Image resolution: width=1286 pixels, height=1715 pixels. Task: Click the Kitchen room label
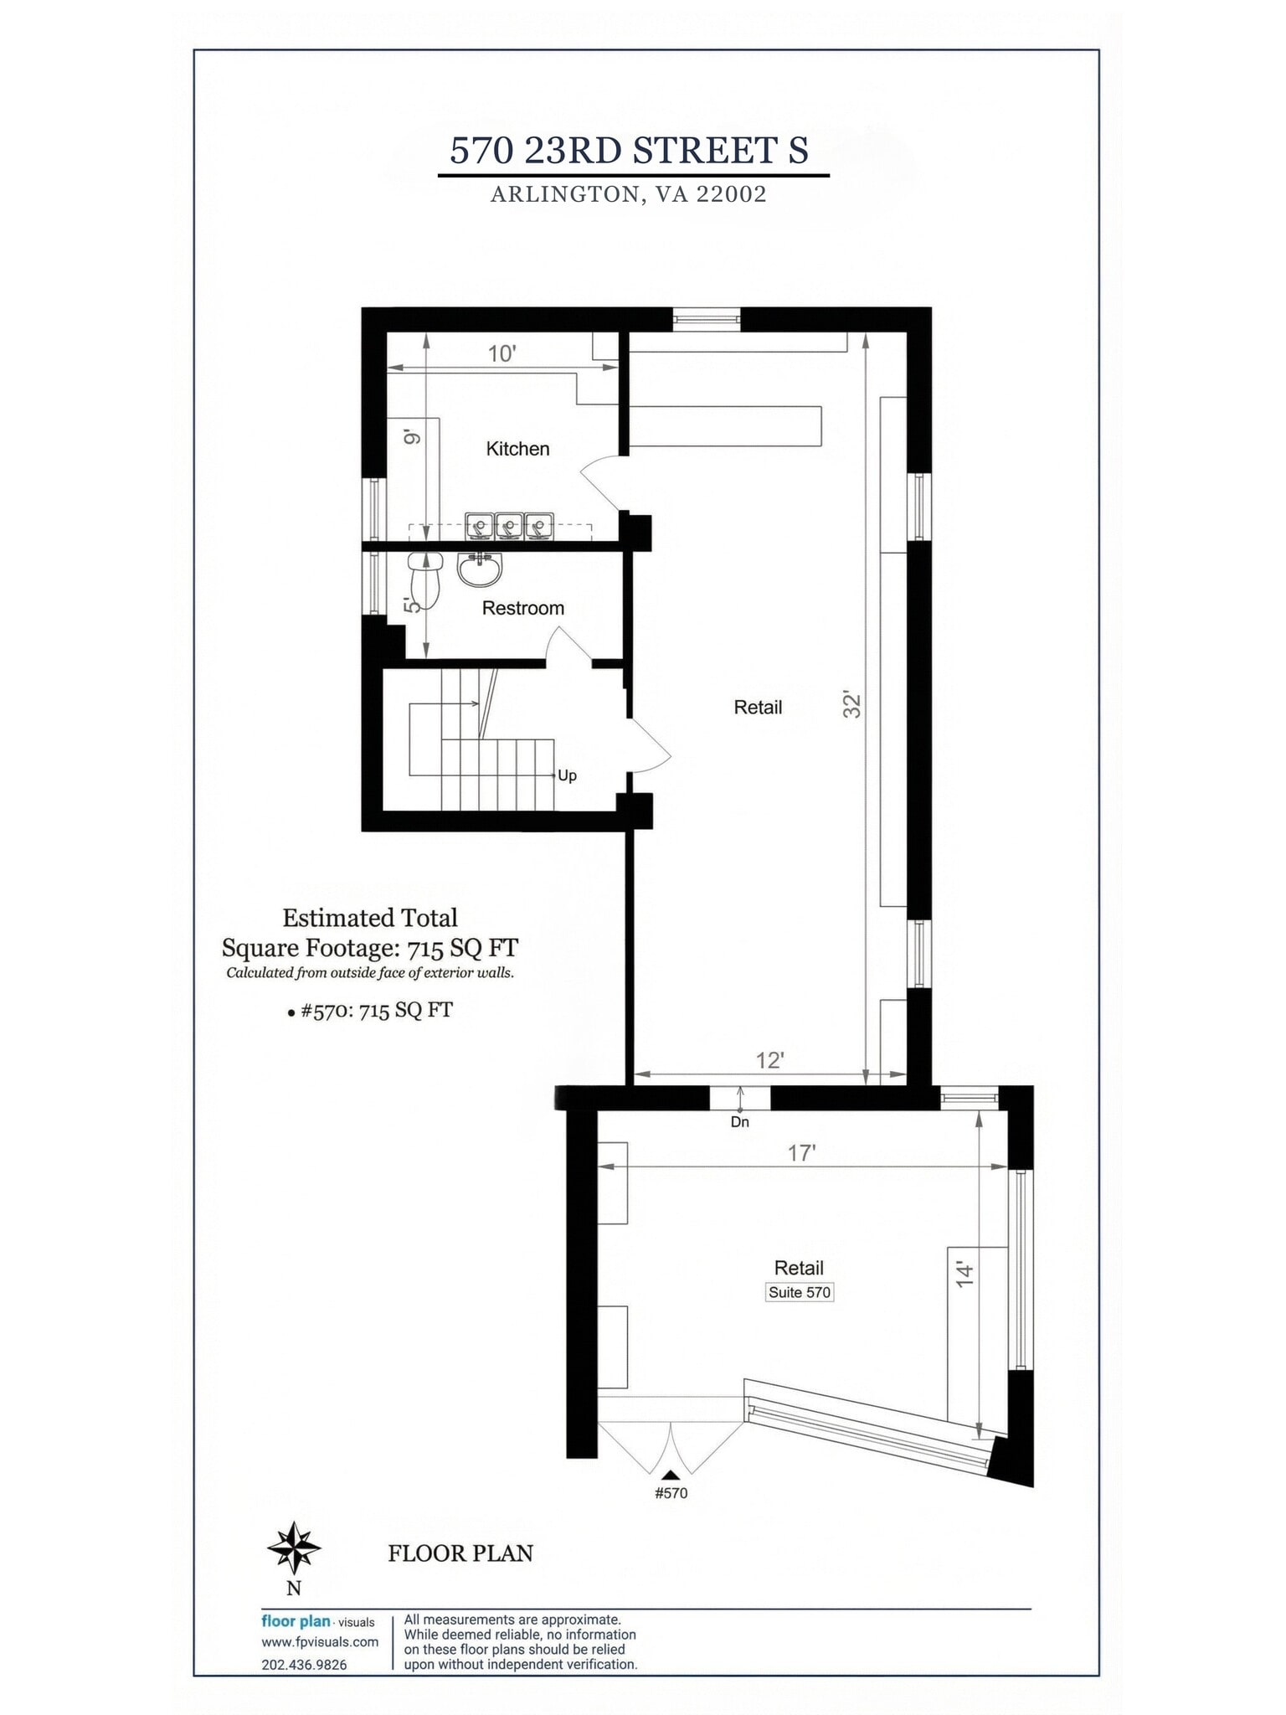click(517, 449)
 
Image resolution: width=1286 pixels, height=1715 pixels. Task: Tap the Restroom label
click(522, 608)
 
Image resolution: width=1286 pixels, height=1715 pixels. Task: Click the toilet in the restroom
click(426, 579)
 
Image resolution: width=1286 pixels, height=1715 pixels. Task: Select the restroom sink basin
click(480, 569)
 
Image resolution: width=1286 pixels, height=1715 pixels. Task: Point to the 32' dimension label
click(852, 704)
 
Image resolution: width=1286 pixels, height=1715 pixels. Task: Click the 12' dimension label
click(769, 1060)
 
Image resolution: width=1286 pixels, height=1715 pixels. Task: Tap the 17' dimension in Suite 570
click(801, 1153)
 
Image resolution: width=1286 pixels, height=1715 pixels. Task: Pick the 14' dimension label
click(965, 1274)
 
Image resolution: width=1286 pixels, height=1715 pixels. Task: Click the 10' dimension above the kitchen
click(502, 353)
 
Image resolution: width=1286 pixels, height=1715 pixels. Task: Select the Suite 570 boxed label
click(800, 1292)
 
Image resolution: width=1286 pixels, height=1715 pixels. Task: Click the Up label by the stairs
click(567, 775)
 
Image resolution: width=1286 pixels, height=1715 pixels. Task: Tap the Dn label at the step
click(740, 1122)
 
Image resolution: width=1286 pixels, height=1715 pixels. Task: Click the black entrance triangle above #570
click(671, 1475)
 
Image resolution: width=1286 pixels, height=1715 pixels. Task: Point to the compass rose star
click(294, 1548)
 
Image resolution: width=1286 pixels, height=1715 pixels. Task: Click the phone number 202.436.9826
click(304, 1665)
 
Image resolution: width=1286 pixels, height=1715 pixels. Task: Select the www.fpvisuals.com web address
click(320, 1642)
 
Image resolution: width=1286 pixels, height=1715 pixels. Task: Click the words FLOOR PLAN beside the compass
click(460, 1554)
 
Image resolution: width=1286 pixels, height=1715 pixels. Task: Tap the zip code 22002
click(731, 194)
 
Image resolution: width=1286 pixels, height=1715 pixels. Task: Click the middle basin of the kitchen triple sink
click(508, 527)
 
